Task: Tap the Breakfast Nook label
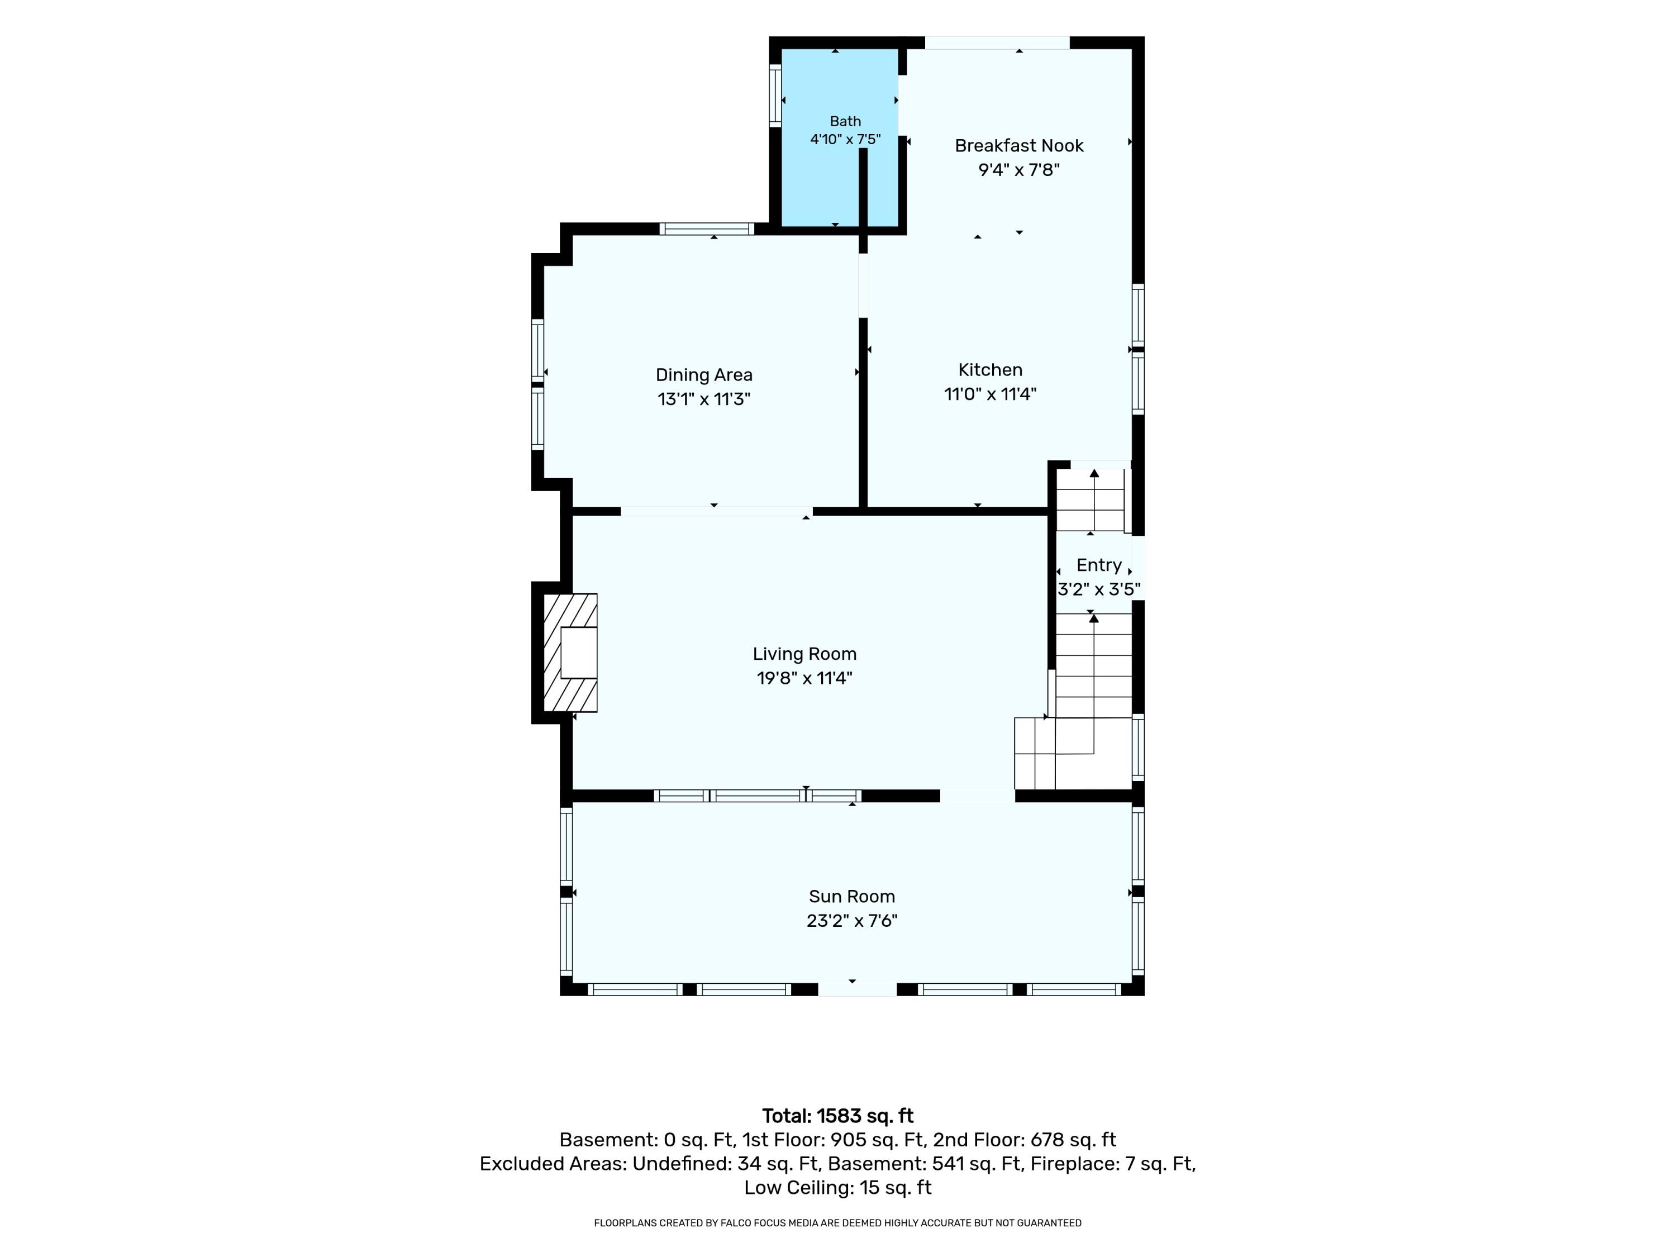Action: [x=1019, y=145]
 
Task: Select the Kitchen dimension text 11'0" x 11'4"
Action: [x=991, y=394]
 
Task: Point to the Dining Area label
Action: [x=704, y=375]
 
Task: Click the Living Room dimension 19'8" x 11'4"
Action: [x=804, y=678]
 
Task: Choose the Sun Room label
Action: [x=851, y=896]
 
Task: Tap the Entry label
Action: [x=1099, y=565]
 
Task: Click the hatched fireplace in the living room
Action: [x=570, y=653]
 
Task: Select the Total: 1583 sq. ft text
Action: [x=838, y=1116]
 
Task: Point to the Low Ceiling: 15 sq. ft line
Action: [x=838, y=1187]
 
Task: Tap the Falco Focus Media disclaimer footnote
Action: [x=838, y=1223]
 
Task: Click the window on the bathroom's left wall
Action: [x=775, y=95]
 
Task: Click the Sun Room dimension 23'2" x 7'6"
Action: [x=851, y=921]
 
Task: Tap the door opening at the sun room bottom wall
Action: [x=858, y=989]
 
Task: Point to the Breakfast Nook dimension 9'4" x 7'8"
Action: [x=1019, y=170]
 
